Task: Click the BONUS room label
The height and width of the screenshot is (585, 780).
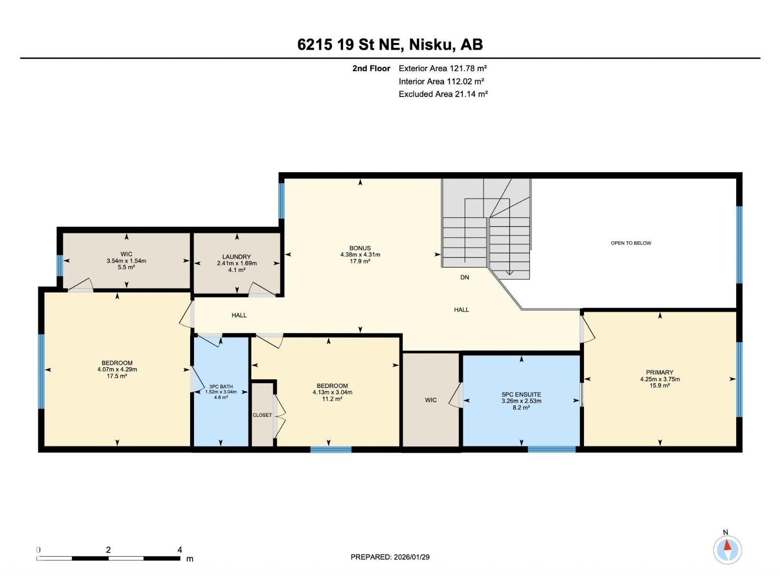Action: click(360, 248)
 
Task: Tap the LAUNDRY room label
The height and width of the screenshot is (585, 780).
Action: click(236, 256)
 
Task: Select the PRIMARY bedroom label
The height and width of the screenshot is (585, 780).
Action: click(659, 372)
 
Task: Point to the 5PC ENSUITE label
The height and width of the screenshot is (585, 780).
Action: click(521, 394)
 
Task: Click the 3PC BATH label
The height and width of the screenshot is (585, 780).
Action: click(221, 387)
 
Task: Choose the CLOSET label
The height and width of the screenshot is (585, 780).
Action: click(262, 415)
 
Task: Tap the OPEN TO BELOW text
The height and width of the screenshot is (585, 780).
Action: click(631, 243)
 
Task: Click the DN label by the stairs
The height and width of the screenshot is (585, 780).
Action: click(465, 277)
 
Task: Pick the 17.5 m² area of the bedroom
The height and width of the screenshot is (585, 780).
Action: click(117, 376)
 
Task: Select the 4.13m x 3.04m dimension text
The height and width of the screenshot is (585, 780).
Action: click(330, 392)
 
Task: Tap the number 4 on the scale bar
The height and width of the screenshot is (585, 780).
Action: click(179, 550)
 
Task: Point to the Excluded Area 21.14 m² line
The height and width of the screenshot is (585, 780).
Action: click(443, 94)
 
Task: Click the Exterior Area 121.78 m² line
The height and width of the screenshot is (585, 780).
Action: click(443, 68)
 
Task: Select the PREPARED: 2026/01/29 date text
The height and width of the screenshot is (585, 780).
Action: click(390, 557)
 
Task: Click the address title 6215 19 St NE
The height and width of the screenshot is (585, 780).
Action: click(351, 45)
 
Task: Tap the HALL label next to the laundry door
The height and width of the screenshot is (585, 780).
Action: click(239, 315)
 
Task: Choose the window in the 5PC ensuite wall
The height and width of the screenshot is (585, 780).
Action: click(551, 449)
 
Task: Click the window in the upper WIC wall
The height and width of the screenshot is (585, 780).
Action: click(59, 265)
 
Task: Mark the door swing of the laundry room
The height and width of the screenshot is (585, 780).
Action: click(261, 289)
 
